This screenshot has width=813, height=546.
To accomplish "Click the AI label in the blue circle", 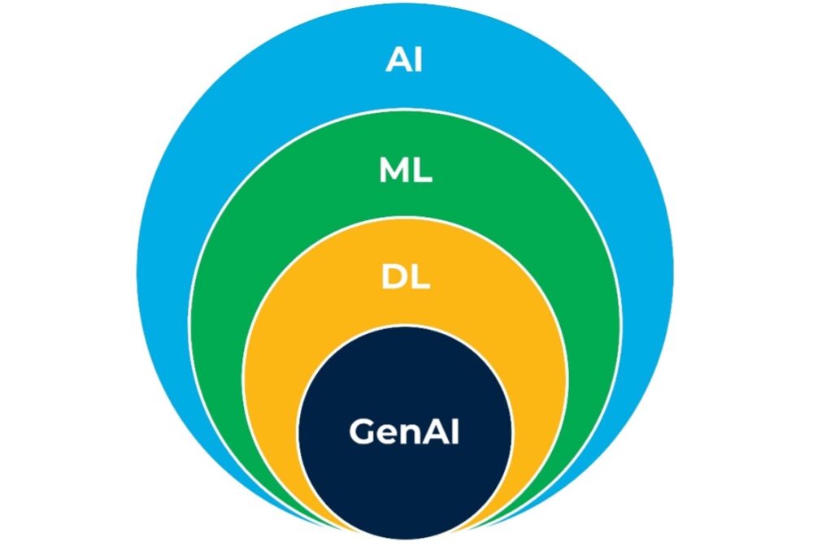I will [x=404, y=62].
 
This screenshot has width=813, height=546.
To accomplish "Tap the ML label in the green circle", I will [x=405, y=171].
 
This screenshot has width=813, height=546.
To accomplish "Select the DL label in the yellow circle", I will [x=405, y=279].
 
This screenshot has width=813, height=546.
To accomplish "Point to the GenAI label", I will [x=404, y=432].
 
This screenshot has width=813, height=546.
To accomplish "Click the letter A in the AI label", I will [x=398, y=62].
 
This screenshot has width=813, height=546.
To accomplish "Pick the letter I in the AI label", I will [x=418, y=62].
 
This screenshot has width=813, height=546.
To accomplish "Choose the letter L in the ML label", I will [x=422, y=171].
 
